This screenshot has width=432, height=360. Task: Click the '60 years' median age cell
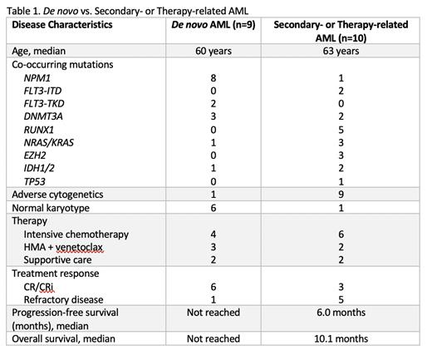coord(219,50)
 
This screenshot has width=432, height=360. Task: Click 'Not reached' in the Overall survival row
coord(219,338)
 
